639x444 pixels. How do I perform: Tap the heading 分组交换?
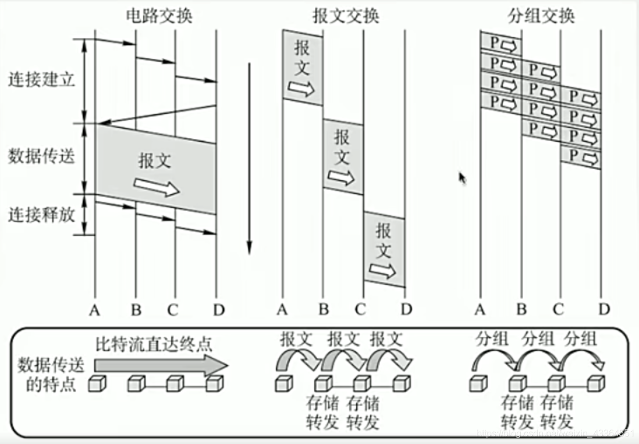point(541,16)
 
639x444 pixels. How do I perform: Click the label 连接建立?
point(41,80)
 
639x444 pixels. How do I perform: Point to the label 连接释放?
point(41,214)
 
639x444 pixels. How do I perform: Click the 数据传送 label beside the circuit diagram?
point(41,156)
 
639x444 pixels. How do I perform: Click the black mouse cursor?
point(463,178)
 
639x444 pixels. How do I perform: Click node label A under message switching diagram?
point(282,310)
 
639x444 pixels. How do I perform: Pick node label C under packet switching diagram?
point(559,310)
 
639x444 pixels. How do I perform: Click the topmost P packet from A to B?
point(501,44)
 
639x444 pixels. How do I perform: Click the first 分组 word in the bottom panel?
point(492,339)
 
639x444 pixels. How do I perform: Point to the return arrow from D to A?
point(157,114)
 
